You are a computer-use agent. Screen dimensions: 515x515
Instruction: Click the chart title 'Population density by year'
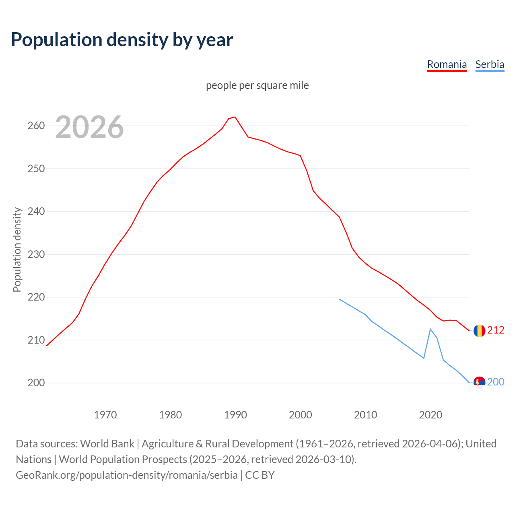click(122, 39)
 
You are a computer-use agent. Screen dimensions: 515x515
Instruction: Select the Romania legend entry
click(447, 64)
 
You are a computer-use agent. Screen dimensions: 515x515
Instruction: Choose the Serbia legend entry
click(490, 64)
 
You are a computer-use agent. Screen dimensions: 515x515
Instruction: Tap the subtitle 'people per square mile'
click(257, 85)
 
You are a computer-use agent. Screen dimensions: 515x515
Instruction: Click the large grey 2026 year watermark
click(89, 127)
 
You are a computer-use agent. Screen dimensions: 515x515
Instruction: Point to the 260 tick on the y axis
click(36, 126)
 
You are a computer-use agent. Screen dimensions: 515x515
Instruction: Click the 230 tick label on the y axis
click(36, 254)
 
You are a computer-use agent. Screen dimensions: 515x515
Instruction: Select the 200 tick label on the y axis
click(36, 383)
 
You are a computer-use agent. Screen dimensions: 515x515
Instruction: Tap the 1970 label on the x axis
click(105, 415)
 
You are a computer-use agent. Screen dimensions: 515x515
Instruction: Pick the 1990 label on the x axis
click(235, 415)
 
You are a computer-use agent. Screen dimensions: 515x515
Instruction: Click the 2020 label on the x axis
click(431, 415)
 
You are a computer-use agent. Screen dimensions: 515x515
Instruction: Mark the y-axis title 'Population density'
click(17, 249)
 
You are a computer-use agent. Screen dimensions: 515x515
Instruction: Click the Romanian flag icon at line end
click(479, 331)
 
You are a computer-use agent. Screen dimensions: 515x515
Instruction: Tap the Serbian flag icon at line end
click(479, 382)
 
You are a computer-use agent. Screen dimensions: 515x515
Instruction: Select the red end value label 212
click(496, 330)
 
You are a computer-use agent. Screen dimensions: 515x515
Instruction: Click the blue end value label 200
click(496, 382)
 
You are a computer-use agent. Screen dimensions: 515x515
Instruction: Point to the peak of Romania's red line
click(235, 117)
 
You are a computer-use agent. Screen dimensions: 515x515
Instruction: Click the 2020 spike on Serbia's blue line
click(430, 329)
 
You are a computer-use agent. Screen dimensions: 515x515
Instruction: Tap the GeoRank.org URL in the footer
click(127, 475)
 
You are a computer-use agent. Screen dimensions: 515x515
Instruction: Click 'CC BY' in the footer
click(260, 475)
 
